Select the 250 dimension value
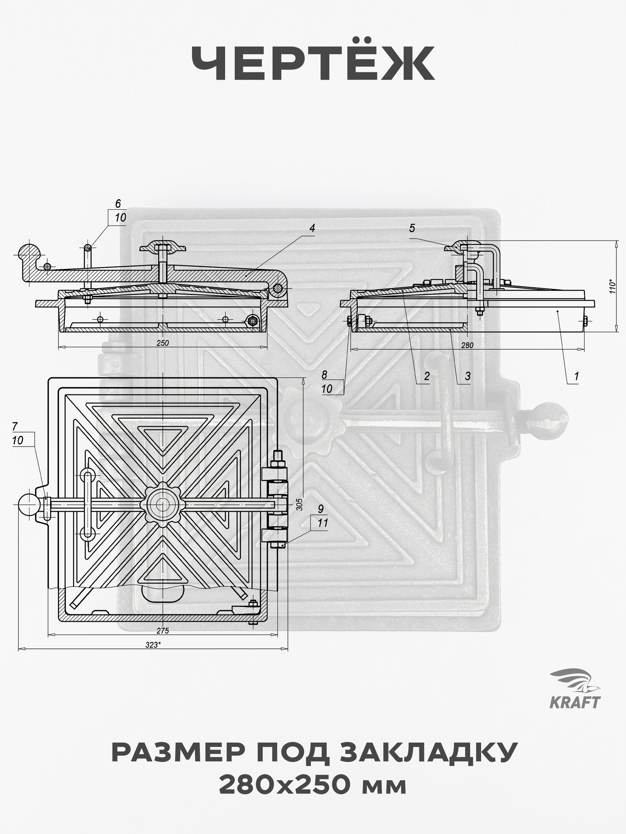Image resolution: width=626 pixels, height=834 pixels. click(x=163, y=343)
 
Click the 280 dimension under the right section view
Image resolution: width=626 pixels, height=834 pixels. click(x=467, y=345)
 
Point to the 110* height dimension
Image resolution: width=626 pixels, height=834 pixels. click(x=612, y=286)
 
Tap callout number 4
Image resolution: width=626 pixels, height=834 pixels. click(x=312, y=228)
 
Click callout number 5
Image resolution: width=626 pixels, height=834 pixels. click(x=412, y=228)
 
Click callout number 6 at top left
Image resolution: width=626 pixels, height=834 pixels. click(x=118, y=204)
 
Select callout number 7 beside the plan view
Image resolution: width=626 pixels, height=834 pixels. click(x=15, y=426)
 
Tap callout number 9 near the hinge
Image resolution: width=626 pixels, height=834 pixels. click(x=321, y=509)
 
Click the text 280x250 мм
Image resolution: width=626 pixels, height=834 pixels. click(x=313, y=786)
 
